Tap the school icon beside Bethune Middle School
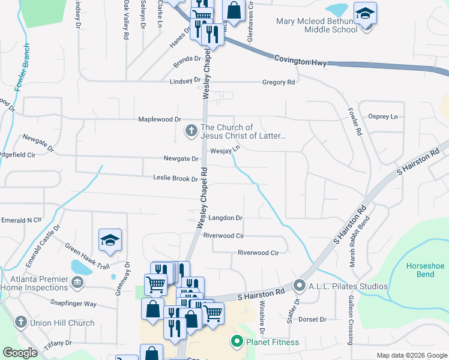pos(365,13)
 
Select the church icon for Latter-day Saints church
pos(191,131)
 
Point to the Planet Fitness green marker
pos(237,343)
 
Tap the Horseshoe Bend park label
pos(425,270)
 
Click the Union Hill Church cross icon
pos(20,323)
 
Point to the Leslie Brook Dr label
pos(175,178)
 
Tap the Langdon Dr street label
pos(225,218)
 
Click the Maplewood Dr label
pos(160,119)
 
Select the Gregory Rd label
pos(279,82)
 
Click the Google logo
pos(20,353)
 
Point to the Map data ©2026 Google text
pos(411,355)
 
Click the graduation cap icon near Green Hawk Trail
pos(110,241)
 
